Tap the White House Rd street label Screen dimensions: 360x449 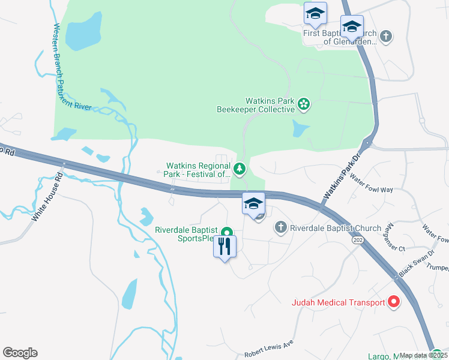coord(47,199)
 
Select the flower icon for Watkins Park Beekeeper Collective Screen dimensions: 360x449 coord(304,105)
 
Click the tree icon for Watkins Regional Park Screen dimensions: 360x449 coord(240,169)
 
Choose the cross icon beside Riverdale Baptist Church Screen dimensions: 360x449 coord(280,227)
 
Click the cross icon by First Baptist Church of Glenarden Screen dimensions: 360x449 coord(386,37)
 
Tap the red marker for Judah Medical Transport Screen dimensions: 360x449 coord(394,302)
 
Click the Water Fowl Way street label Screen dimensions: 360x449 coord(371,184)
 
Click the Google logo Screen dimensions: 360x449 coord(20,353)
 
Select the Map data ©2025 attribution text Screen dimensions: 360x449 coord(423,355)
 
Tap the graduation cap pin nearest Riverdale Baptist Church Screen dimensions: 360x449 coord(253,203)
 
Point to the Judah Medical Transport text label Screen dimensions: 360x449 coord(338,302)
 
